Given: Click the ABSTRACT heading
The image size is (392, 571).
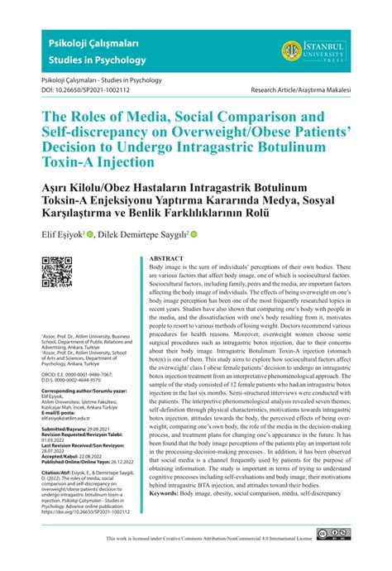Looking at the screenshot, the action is (x=166, y=258).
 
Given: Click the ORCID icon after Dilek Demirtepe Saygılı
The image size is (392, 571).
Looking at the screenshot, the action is (x=194, y=234).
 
